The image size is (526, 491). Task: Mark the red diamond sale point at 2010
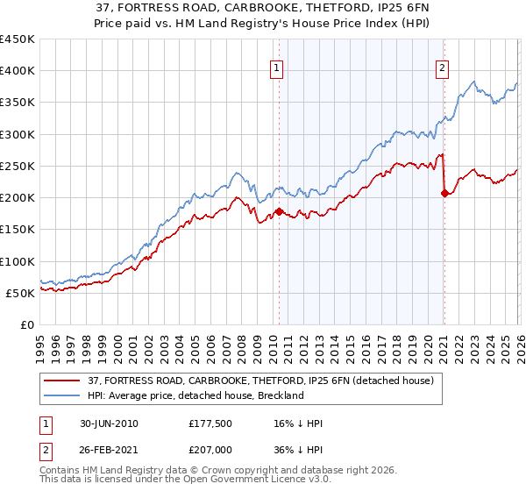tap(279, 211)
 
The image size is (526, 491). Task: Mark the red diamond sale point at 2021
tap(444, 193)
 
